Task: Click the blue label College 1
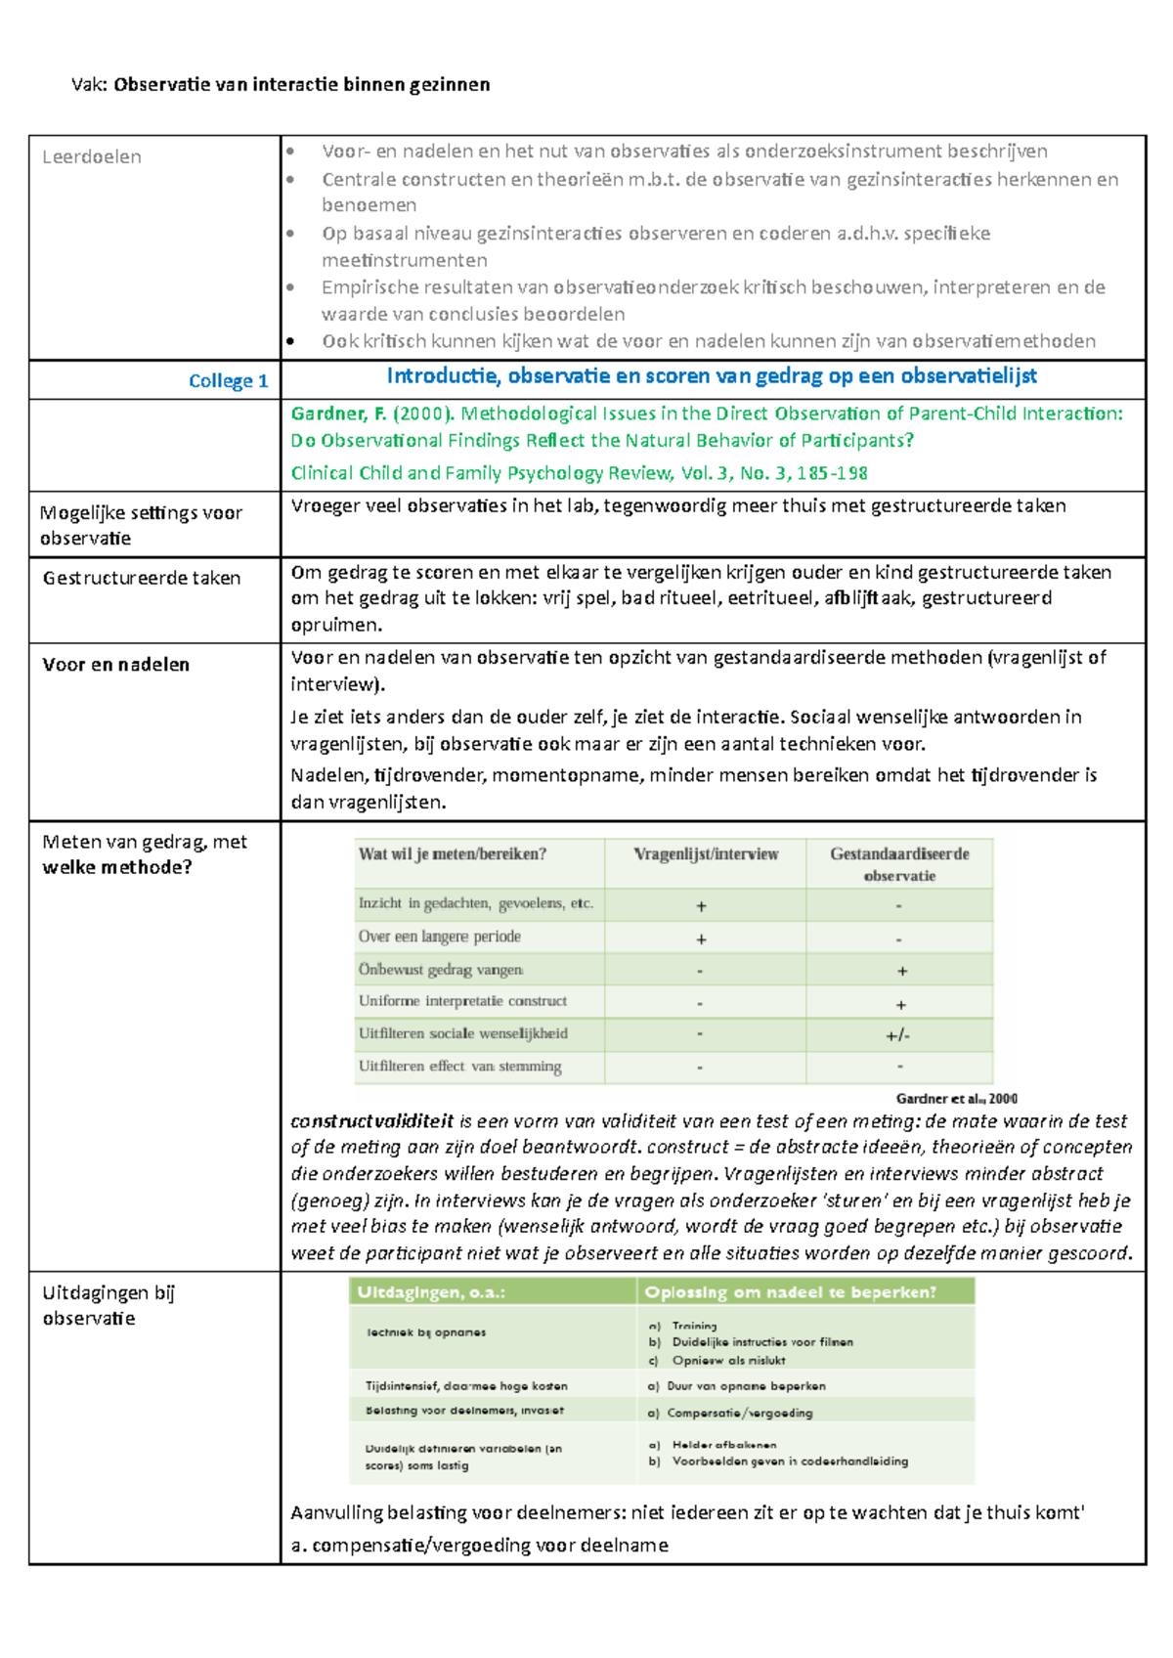pyautogui.click(x=228, y=381)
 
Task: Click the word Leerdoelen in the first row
pyautogui.click(x=92, y=157)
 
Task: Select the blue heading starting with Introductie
pyautogui.click(x=711, y=376)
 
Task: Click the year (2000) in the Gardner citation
pyautogui.click(x=423, y=414)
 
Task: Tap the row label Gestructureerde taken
pyautogui.click(x=142, y=579)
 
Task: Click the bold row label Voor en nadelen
pyautogui.click(x=115, y=665)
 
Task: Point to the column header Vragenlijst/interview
pyautogui.click(x=706, y=854)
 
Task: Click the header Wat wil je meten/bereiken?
pyautogui.click(x=453, y=854)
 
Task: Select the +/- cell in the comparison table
pyautogui.click(x=898, y=1035)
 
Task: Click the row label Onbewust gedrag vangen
pyautogui.click(x=441, y=970)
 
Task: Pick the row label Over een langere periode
pyautogui.click(x=439, y=937)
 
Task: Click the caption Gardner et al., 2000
pyautogui.click(x=956, y=1099)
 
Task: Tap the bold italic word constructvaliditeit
pyautogui.click(x=371, y=1121)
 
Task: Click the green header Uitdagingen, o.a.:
pyautogui.click(x=431, y=1292)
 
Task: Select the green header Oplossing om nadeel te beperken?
pyautogui.click(x=790, y=1292)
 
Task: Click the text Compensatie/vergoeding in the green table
pyautogui.click(x=739, y=1413)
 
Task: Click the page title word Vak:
pyautogui.click(x=90, y=85)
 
